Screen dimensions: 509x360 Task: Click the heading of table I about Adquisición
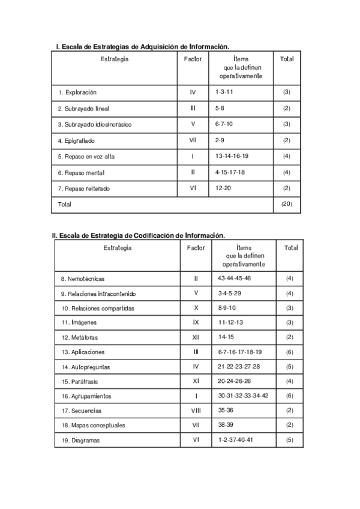(142, 46)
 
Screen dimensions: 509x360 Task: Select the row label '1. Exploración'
(77, 92)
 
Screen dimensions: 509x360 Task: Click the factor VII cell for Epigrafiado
(193, 140)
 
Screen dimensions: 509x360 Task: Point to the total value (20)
(286, 204)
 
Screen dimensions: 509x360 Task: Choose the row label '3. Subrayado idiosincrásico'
(94, 124)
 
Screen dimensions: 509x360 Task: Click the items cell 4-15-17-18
(230, 172)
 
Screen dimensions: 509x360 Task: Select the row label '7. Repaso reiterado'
(83, 188)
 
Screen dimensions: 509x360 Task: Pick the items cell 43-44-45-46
(235, 279)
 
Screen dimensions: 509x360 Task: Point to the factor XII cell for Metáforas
(196, 337)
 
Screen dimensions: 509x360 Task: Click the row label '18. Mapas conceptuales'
(92, 425)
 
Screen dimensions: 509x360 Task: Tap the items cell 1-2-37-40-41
(236, 439)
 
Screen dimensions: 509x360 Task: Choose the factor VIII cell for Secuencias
(196, 411)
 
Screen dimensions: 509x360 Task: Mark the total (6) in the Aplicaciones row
(290, 352)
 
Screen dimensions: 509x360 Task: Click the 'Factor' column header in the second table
(196, 247)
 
